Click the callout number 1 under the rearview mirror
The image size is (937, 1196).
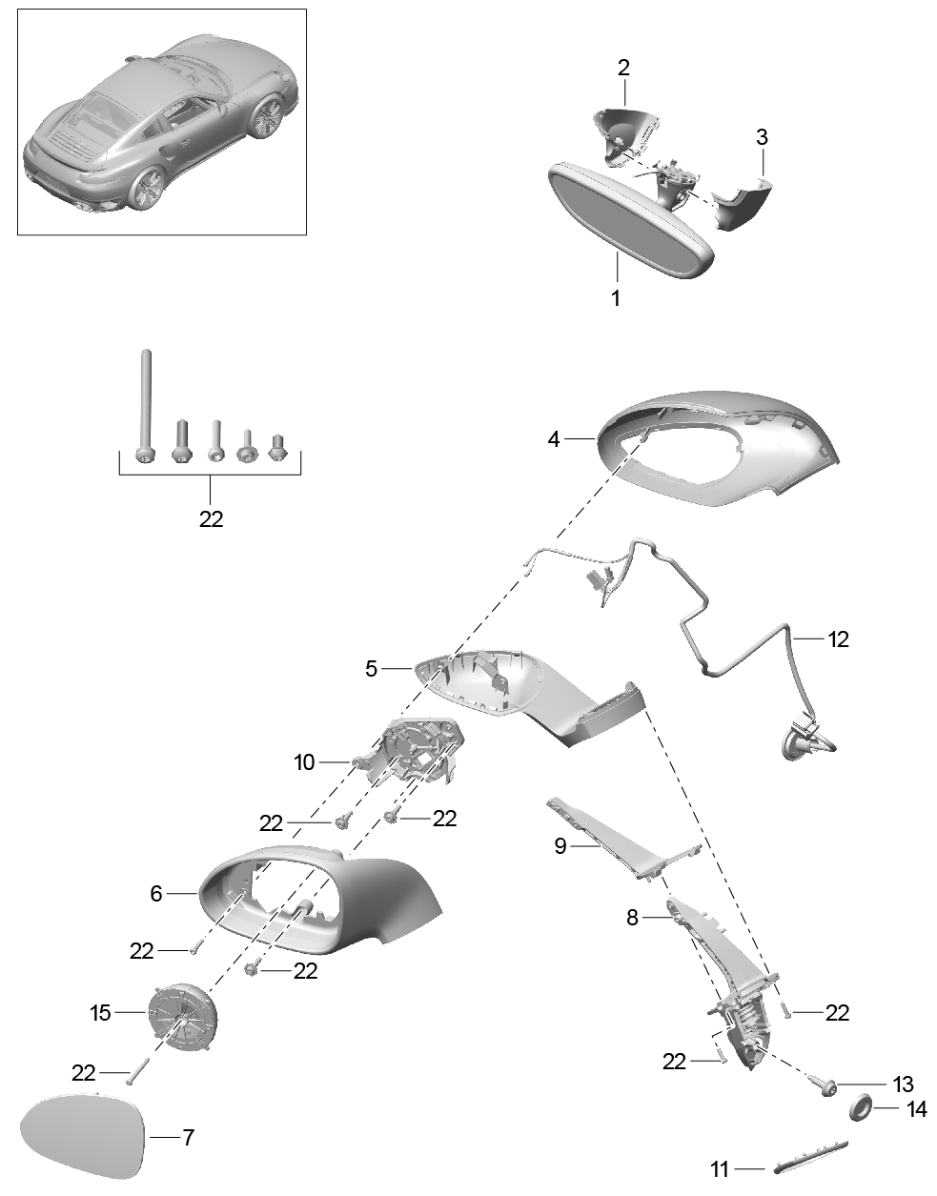tap(615, 297)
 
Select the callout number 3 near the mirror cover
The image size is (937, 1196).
tap(762, 137)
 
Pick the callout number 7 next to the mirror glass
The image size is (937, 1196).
tap(188, 1137)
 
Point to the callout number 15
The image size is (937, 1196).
tap(101, 1013)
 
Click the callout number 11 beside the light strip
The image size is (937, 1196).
tap(721, 1168)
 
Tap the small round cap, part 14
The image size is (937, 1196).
tap(862, 1108)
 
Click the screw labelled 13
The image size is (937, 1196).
tap(825, 1085)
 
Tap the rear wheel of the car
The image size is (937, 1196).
tap(150, 186)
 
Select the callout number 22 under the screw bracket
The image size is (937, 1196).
tap(211, 519)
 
